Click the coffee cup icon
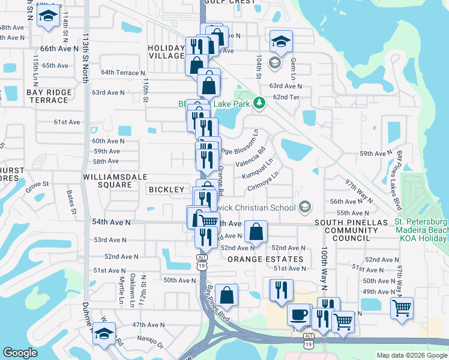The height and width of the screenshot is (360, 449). coord(298,314)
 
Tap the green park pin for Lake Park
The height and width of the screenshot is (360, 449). coord(259,103)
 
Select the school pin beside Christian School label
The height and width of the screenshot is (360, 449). coord(304,208)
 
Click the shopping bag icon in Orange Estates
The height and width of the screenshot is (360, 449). coord(255,233)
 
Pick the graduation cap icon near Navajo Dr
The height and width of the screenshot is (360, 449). coord(104,334)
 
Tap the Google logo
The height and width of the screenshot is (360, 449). coord(20,353)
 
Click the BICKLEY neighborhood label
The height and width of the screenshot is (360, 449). coord(166,190)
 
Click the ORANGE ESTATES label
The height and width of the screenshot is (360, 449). coord(265,259)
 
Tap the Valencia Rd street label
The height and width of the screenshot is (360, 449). coord(253,160)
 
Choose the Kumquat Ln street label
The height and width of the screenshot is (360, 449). coord(258,167)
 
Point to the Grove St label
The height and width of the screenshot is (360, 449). coord(37,184)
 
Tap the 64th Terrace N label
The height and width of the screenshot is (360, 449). coord(123,73)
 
